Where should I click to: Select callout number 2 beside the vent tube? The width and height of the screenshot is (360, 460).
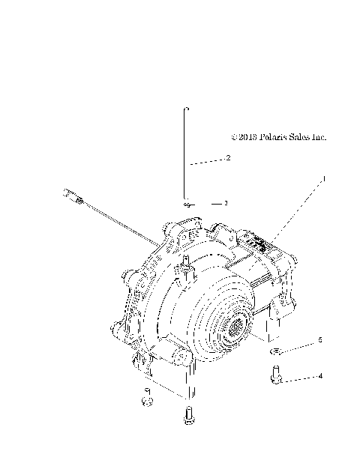[x=227, y=158]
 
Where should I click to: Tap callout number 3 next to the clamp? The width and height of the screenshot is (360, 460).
[x=225, y=203]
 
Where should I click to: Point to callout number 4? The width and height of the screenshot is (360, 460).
[x=320, y=377]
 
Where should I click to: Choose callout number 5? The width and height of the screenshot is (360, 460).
[x=320, y=339]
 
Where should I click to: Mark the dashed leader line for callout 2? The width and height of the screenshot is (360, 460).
[x=206, y=161]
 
